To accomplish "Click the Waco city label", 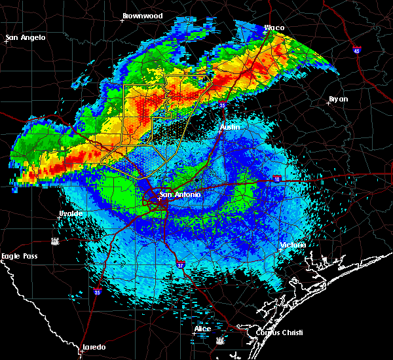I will [x=274, y=27].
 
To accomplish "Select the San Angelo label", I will [x=26, y=37].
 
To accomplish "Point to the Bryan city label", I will [x=339, y=99].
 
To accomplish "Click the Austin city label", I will [x=230, y=127].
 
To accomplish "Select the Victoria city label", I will [x=293, y=245].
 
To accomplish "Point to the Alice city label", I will [x=202, y=329].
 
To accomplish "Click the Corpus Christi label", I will [x=270, y=333].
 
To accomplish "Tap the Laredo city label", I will [x=94, y=347].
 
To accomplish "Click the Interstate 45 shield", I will [x=356, y=50].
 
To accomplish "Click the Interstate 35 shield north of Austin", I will [x=223, y=105].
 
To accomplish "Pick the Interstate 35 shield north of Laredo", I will [x=96, y=293].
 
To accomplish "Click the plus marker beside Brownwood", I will [x=122, y=20].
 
